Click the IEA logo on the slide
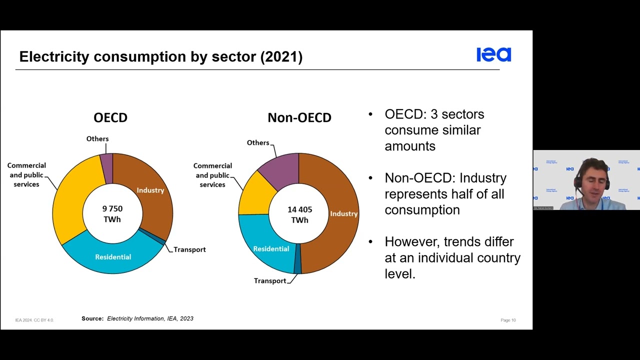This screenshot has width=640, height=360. tap(493, 54)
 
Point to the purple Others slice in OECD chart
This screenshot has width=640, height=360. tap(106, 161)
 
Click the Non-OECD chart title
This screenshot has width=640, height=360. tap(299, 117)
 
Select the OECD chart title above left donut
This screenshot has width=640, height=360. tap(110, 117)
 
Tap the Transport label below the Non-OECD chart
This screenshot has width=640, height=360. tap(270, 280)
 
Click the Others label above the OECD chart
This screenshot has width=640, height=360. tap(97, 138)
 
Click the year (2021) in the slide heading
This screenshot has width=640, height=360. tap(281, 56)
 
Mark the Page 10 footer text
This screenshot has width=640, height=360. tap(508, 320)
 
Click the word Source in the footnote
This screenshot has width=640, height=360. tap(92, 318)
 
